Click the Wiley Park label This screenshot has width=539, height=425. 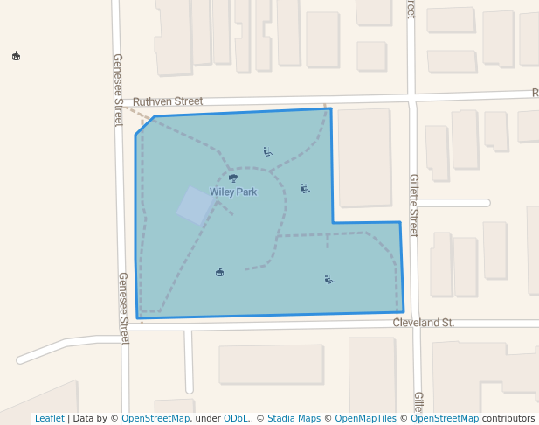[x=233, y=192]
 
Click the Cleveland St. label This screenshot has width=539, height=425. [x=424, y=323]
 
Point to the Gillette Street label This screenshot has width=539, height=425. [x=414, y=206]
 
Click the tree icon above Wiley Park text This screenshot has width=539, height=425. [x=233, y=178]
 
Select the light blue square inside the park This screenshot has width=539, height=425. [x=194, y=205]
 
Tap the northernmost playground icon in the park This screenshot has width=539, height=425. [x=267, y=151]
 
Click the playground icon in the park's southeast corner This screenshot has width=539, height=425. [x=328, y=280]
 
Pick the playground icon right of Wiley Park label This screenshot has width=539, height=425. [x=305, y=188]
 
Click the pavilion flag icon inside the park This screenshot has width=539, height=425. [x=219, y=272]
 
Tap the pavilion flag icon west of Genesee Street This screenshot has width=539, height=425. [x=16, y=57]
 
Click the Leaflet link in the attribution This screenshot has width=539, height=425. [x=49, y=418]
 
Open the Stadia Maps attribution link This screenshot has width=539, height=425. [x=294, y=418]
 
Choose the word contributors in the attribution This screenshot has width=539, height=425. [x=508, y=418]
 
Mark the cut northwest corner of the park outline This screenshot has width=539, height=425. [x=144, y=125]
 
